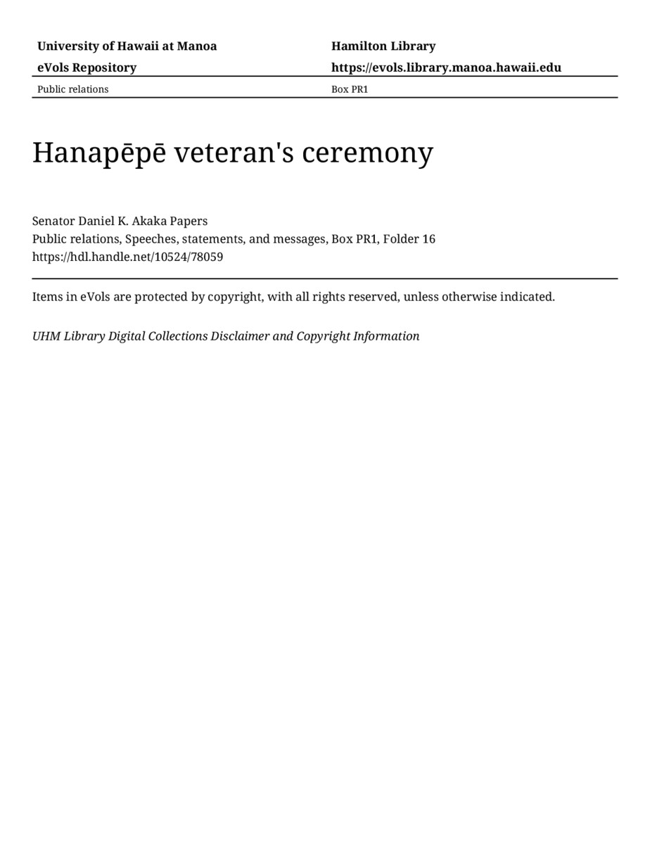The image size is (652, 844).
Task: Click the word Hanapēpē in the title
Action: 99,153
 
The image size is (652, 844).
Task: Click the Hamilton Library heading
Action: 383,46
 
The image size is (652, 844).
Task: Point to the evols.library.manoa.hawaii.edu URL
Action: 446,68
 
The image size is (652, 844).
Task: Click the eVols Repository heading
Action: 87,68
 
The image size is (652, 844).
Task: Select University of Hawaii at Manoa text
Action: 127,46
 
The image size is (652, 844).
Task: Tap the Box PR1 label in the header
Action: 350,89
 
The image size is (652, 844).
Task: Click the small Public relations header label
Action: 72,89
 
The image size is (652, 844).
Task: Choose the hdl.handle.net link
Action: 127,257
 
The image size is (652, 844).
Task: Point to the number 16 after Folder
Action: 428,239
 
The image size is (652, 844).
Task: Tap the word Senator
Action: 53,221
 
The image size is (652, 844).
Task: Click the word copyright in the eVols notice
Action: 236,297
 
